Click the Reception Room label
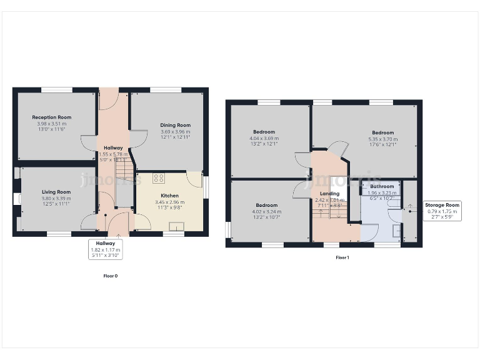pos(52,117)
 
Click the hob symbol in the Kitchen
pos(158,178)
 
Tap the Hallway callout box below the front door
pos(106,249)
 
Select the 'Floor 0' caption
pos(110,276)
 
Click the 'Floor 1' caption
pos(342,257)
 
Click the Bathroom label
pos(382,186)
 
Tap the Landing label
pos(329,194)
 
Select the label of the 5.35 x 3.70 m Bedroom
pos(383,132)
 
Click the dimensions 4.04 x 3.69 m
pos(264,138)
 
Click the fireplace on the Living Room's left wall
pos(15,200)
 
